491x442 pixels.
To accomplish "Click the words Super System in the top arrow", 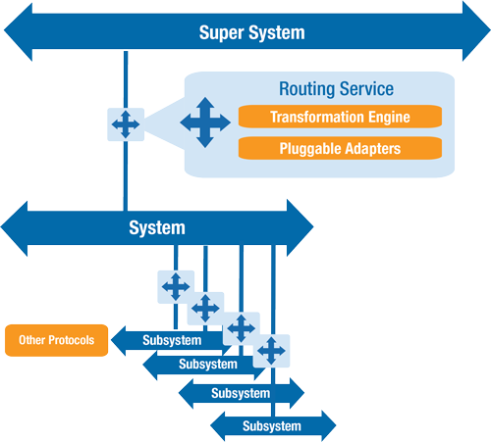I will click(251, 32).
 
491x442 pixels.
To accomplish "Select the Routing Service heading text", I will click(336, 89).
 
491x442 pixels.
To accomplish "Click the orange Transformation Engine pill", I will click(340, 118).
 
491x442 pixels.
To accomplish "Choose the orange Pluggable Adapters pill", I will click(340, 150).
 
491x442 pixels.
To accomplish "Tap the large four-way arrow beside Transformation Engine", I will click(205, 123).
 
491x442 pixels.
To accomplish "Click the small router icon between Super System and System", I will click(126, 124).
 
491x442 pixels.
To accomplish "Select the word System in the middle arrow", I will click(157, 228).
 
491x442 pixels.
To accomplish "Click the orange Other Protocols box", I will click(56, 340).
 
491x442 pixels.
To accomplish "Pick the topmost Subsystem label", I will click(172, 340).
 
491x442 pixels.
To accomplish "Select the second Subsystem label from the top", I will click(208, 365).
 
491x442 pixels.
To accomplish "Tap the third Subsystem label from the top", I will click(241, 393).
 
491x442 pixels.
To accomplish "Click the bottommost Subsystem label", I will click(272, 425).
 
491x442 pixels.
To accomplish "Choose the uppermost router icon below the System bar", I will click(176, 286).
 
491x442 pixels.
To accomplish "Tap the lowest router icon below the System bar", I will click(271, 350).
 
